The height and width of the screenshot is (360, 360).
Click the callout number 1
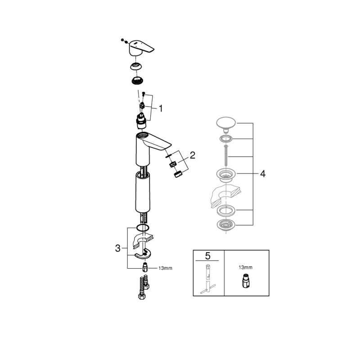pyautogui.click(x=160, y=108)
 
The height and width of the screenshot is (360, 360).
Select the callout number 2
pyautogui.click(x=192, y=156)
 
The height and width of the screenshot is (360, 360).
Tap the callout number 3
pyautogui.click(x=118, y=247)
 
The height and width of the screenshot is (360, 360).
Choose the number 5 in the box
pyautogui.click(x=207, y=256)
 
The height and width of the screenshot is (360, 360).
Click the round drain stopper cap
pyautogui.click(x=226, y=123)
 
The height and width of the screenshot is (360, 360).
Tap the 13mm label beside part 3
pyautogui.click(x=165, y=268)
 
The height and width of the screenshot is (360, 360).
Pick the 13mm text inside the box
pyautogui.click(x=246, y=267)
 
